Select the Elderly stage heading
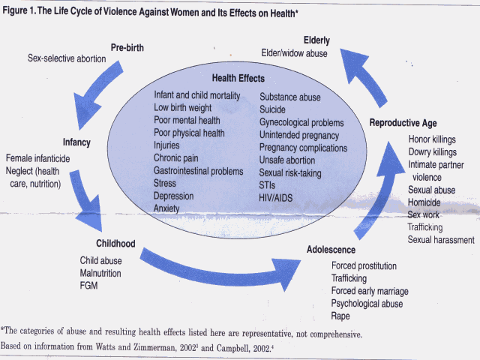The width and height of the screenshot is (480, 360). point(320,39)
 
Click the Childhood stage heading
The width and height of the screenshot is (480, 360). point(116,244)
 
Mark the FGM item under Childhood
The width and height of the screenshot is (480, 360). point(89,286)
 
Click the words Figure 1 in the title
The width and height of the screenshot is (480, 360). point(22,8)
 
